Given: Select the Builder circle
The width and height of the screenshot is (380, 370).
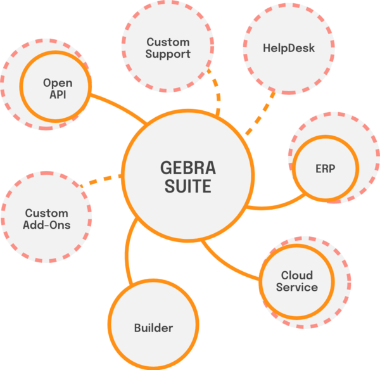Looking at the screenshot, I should pos(153,328).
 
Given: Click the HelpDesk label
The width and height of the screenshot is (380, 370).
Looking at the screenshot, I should pos(288,48).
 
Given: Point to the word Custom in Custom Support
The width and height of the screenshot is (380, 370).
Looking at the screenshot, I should pos(168,42).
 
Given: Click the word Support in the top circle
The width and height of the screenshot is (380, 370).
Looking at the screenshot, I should pos(168,54).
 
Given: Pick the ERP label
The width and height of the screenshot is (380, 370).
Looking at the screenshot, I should pos(324,169).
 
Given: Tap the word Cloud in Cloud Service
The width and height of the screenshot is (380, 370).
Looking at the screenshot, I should pos(297,276).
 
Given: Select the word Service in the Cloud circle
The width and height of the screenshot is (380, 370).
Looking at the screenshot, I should pos(297,287).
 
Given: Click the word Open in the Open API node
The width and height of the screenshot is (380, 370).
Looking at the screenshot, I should pos(58,83).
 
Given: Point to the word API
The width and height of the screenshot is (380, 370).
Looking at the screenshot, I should pos(58,95).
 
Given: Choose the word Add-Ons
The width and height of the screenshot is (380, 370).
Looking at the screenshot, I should pos(47,225).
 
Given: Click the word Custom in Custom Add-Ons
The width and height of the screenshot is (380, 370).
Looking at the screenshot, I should pos(47,213).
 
